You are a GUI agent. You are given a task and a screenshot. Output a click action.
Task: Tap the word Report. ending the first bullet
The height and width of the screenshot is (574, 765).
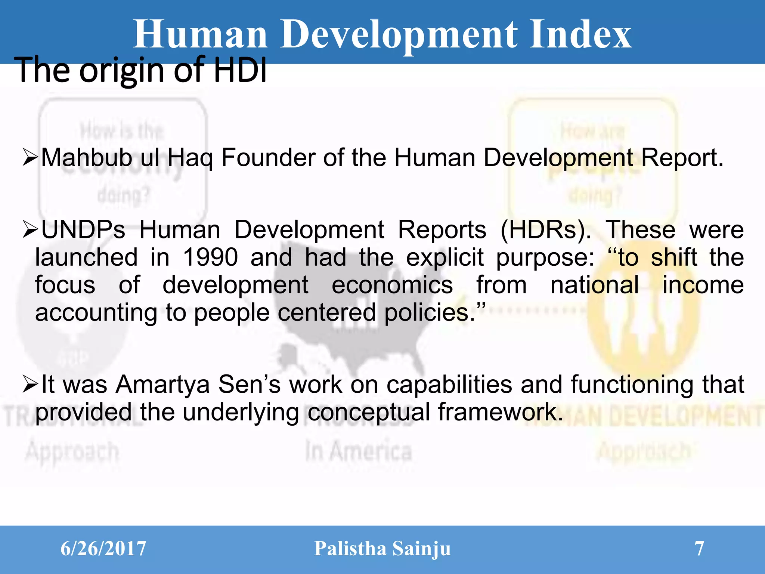pyautogui.click(x=682, y=157)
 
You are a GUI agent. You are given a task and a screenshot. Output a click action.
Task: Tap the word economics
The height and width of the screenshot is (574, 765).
pyautogui.click(x=392, y=285)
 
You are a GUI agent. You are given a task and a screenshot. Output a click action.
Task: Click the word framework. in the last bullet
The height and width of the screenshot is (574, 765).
pyautogui.click(x=500, y=412)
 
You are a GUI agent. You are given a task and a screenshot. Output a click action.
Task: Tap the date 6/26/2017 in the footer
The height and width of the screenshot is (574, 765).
pyautogui.click(x=103, y=549)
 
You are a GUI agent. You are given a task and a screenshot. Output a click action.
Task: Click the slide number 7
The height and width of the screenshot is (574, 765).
pyautogui.click(x=699, y=549)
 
